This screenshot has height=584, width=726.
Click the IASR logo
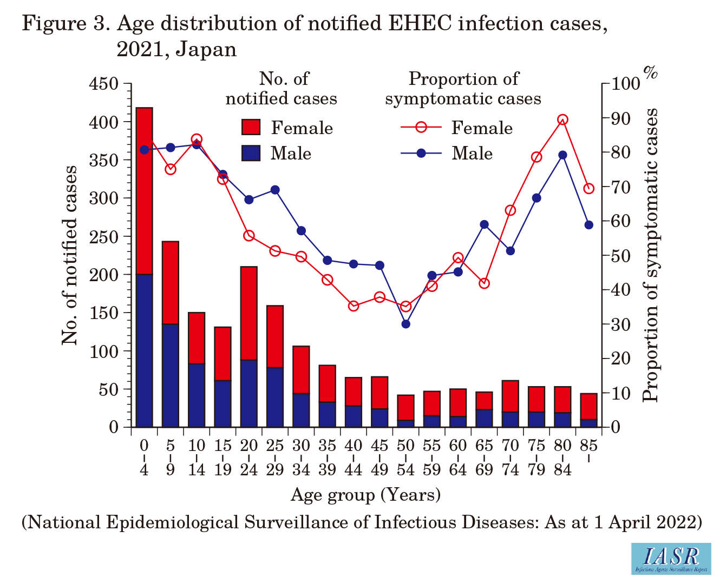coord(671,558)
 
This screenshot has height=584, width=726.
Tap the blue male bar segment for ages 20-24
coord(249,393)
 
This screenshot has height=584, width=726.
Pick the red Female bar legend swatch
coord(251,128)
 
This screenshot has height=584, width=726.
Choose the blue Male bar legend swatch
coord(251,153)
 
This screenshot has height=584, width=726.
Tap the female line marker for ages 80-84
coord(563,120)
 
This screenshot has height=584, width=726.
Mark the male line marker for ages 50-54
coord(405,324)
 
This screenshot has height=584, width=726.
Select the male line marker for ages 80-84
coord(563,155)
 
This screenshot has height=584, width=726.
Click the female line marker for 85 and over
coord(589,189)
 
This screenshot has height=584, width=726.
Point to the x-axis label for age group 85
coord(588,446)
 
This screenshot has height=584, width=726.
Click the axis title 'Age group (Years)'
coord(365,495)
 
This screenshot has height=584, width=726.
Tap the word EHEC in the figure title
coord(401,24)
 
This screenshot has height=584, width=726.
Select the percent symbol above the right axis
coord(650,71)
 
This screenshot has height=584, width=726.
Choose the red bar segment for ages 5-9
coord(171,282)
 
